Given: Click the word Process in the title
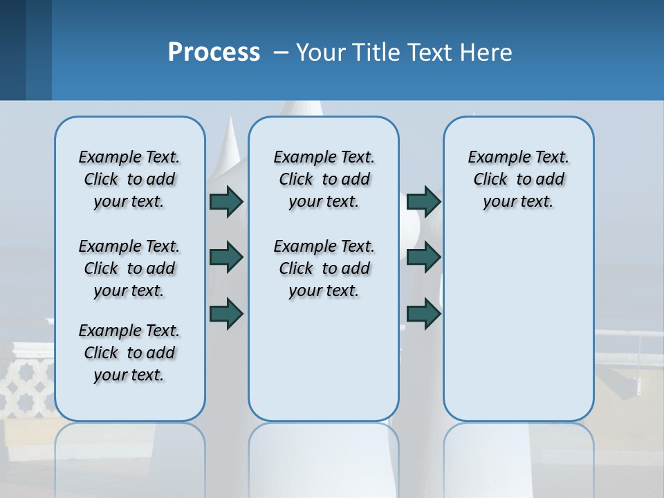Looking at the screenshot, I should [x=214, y=53].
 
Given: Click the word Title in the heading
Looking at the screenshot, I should [x=377, y=53].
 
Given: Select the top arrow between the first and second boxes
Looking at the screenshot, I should [x=226, y=201].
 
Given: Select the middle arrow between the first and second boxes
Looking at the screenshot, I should [x=226, y=257].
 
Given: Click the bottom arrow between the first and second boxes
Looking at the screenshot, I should [x=226, y=313].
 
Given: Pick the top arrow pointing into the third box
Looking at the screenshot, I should [x=423, y=201].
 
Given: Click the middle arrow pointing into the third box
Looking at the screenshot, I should [x=423, y=257].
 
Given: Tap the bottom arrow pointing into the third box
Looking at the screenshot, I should [x=423, y=313].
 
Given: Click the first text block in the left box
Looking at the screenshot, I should [x=129, y=179].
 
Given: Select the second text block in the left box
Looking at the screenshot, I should [x=129, y=268].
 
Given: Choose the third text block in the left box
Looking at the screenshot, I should [x=129, y=353].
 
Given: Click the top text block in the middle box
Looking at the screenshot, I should [x=324, y=179].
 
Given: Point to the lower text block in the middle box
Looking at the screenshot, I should [x=324, y=268].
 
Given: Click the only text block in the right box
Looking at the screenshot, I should [x=518, y=179].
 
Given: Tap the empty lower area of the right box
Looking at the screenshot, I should [x=518, y=325].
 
